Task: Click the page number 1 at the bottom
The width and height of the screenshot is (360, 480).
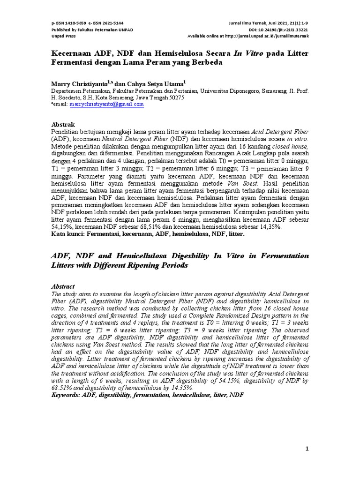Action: tap(307, 449)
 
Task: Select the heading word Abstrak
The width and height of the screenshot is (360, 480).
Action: tap(62, 124)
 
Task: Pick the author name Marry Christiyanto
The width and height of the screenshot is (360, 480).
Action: tap(81, 83)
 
